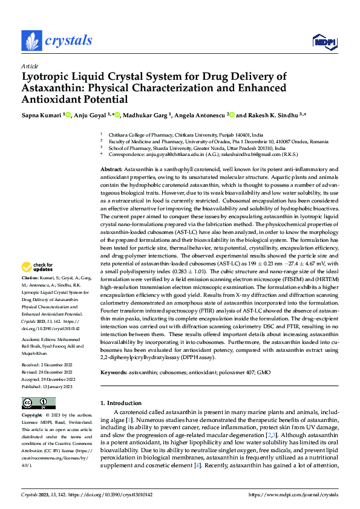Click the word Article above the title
pyautogui.click(x=30, y=66)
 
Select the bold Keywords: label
pyautogui.click(x=114, y=373)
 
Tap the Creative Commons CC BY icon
pyautogui.click(x=38, y=403)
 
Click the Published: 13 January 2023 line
pyautogui.click(x=47, y=386)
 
